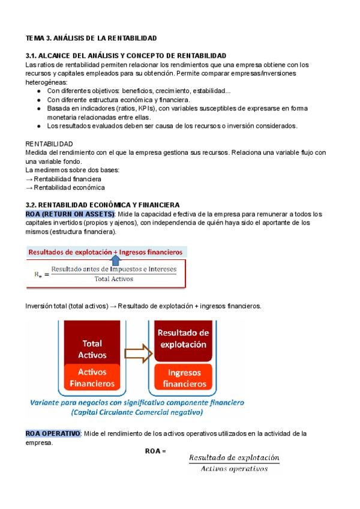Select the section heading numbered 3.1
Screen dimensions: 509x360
pyautogui.click(x=125, y=55)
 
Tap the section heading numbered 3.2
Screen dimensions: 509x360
pyautogui.click(x=103, y=205)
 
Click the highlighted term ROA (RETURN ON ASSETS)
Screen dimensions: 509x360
pyautogui.click(x=70, y=214)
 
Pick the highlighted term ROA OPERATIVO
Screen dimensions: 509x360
pyautogui.click(x=53, y=433)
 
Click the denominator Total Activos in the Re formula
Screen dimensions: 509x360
pyautogui.click(x=114, y=279)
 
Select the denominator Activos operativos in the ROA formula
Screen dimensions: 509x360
pyautogui.click(x=234, y=469)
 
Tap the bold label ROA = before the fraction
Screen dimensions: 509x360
pyautogui.click(x=155, y=451)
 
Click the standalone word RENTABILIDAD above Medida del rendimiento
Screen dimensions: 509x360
pyautogui.click(x=49, y=144)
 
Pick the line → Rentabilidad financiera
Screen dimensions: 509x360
pyautogui.click(x=63, y=179)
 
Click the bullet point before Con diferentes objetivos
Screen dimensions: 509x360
pyautogui.click(x=39, y=91)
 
